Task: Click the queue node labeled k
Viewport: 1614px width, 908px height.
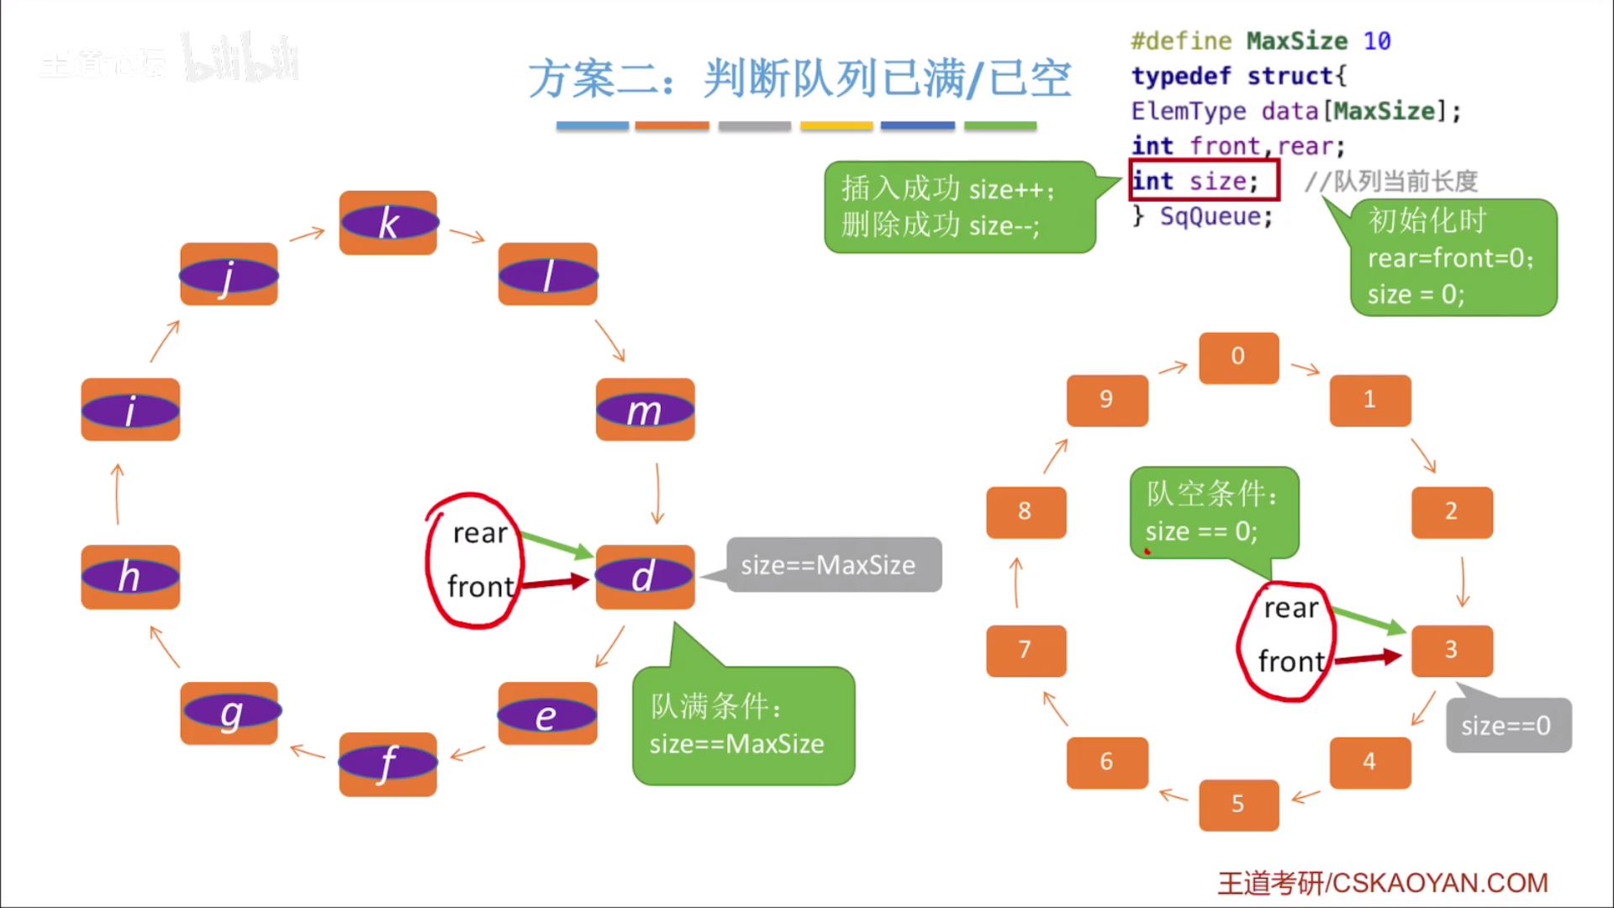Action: click(x=388, y=223)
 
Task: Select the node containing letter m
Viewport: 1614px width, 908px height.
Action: click(x=645, y=410)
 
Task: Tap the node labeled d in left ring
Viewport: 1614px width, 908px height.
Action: click(x=645, y=577)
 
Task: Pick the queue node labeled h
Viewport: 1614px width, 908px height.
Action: click(x=130, y=577)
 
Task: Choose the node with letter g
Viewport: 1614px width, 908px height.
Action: click(x=229, y=713)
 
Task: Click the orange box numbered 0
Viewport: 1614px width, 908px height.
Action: click(x=1238, y=357)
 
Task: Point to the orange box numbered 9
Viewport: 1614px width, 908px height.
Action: click(x=1106, y=400)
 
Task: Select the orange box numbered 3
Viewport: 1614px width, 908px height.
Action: click(x=1452, y=650)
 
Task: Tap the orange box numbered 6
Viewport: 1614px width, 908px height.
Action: click(x=1106, y=763)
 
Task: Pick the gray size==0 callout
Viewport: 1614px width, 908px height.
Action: click(x=1507, y=725)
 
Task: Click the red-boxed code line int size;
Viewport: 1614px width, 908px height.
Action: click(x=1203, y=181)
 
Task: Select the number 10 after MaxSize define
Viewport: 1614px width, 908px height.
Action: click(x=1376, y=40)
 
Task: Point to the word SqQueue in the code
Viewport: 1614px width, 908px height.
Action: click(x=1216, y=217)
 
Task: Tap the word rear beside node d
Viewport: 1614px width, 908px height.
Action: click(x=480, y=533)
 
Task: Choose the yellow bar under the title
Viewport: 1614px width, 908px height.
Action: click(x=836, y=126)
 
